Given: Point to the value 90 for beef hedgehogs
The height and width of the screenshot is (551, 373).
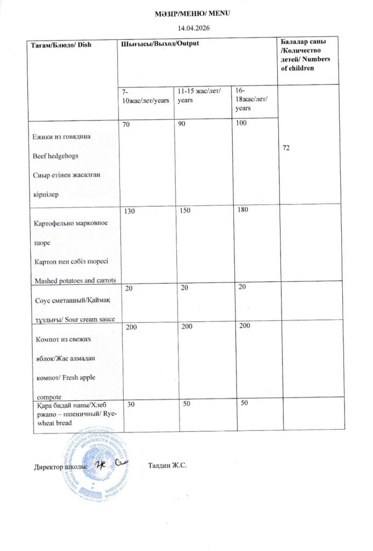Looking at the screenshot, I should point(181,125).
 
